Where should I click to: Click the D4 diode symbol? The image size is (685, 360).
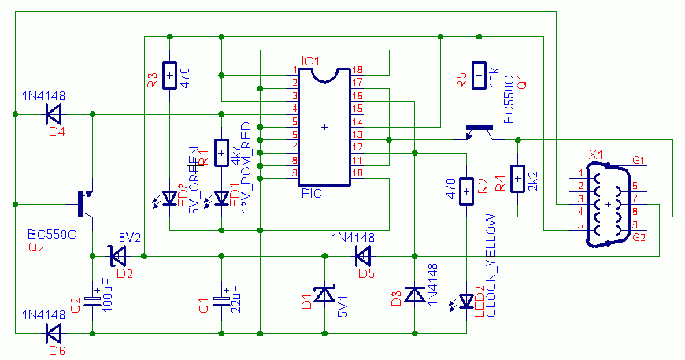[x=53, y=115]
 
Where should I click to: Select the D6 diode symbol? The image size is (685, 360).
[x=53, y=333]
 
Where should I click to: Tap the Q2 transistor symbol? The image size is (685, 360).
[x=85, y=204]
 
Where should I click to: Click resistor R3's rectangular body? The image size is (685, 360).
[x=169, y=76]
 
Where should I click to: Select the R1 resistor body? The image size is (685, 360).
[x=221, y=153]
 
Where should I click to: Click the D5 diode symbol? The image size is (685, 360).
[x=363, y=256]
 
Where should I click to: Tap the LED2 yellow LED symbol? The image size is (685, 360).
[x=466, y=302]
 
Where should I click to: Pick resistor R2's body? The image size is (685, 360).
[x=466, y=190]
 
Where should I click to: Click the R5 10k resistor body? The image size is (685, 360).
[x=477, y=76]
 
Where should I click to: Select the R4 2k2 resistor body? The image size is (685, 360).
[x=517, y=179]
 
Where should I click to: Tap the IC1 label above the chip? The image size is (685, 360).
[x=310, y=61]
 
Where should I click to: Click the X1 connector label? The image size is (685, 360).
[x=595, y=153]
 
